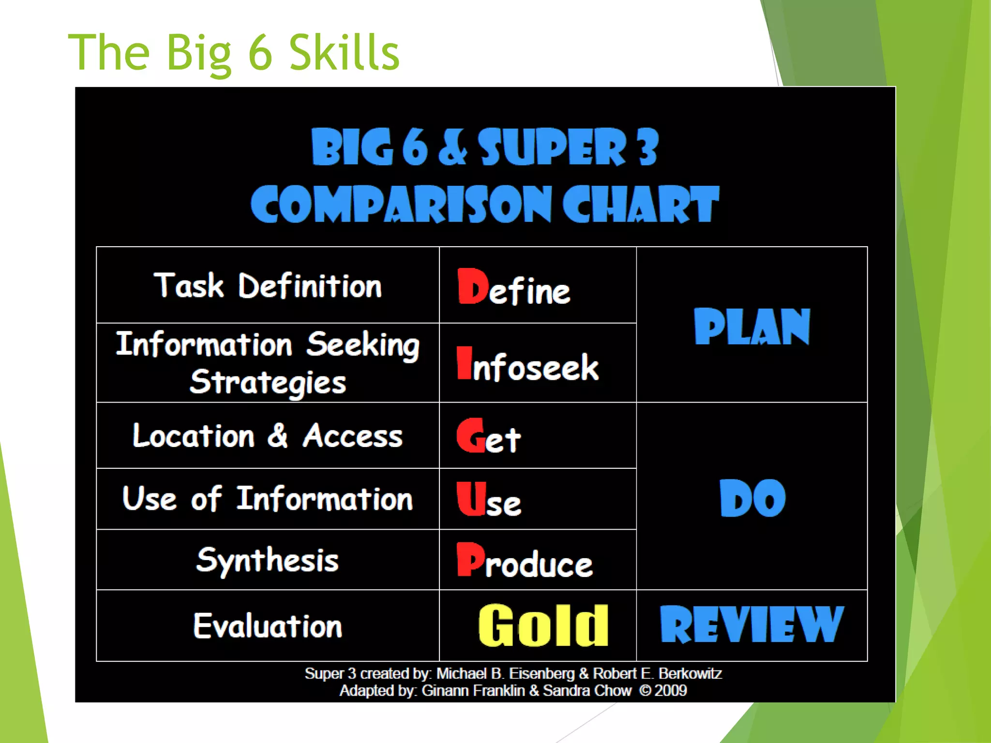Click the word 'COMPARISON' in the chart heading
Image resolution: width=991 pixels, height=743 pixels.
tap(401, 205)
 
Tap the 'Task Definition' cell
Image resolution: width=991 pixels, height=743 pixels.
tap(268, 285)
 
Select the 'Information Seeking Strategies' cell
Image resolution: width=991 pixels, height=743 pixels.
tap(268, 363)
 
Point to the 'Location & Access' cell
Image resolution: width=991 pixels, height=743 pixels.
tap(268, 435)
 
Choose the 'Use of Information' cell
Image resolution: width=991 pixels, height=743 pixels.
tap(268, 499)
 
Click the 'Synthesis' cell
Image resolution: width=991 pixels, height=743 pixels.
tap(268, 560)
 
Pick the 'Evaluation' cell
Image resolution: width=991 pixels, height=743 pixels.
tap(268, 625)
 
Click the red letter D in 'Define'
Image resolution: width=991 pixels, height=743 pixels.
tap(473, 286)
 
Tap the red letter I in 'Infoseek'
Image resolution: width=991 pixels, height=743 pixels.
tap(464, 363)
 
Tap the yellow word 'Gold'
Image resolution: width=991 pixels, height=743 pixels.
tap(543, 625)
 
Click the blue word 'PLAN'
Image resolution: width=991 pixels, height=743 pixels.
tap(751, 327)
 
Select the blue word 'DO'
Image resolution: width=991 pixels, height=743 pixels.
tap(752, 498)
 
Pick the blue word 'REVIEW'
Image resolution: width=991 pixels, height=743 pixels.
tap(751, 625)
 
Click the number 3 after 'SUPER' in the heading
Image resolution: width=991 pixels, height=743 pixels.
tap(647, 147)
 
